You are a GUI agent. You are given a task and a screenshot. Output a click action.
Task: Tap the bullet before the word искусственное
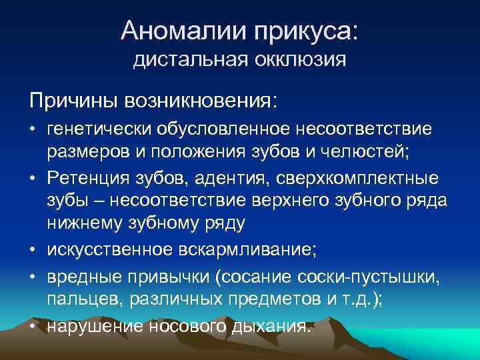33,250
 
